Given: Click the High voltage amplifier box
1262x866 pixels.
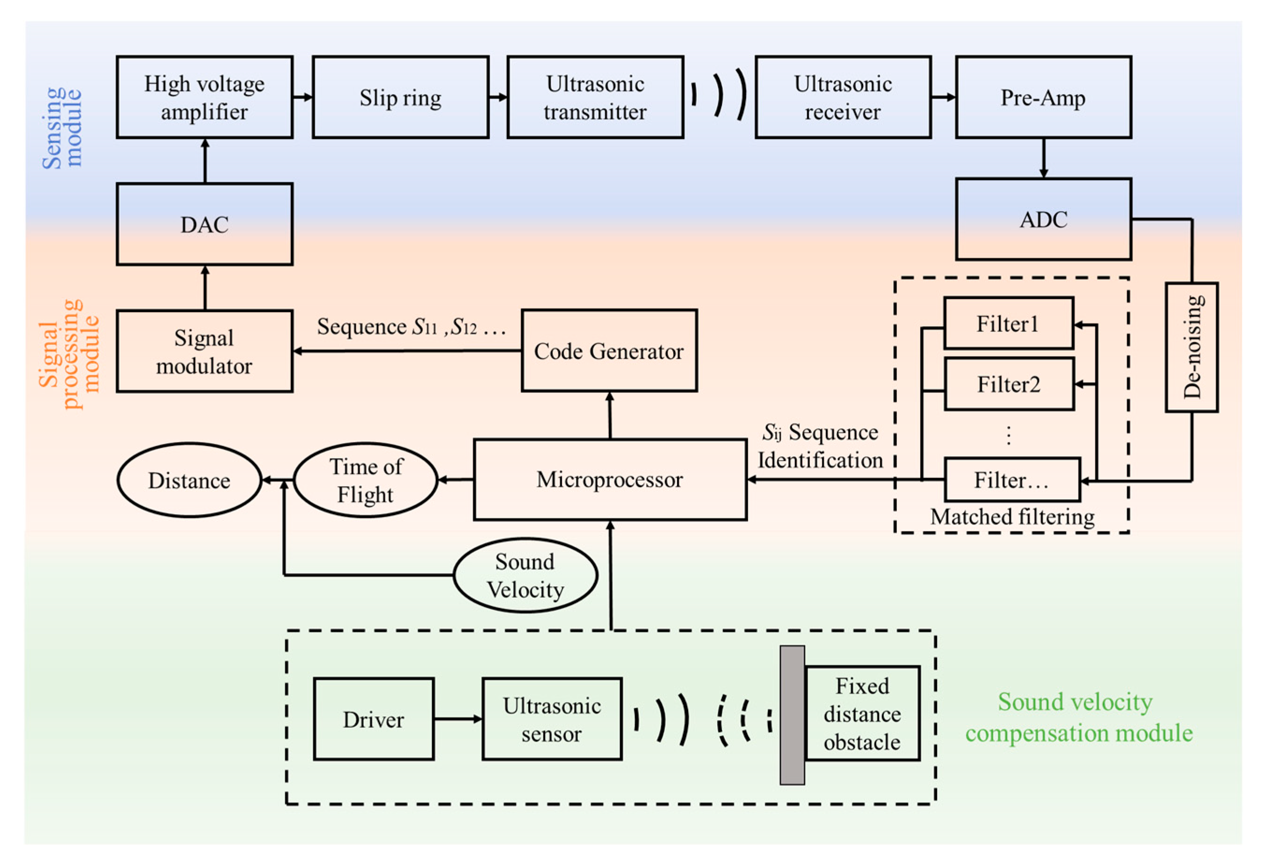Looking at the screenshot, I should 205,97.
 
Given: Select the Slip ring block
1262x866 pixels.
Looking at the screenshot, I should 401,97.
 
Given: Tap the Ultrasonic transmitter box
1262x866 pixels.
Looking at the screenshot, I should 595,97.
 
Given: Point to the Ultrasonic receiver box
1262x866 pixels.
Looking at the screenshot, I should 843,97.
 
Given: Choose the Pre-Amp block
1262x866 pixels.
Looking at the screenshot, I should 1043,97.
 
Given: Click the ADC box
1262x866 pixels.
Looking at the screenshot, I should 1043,219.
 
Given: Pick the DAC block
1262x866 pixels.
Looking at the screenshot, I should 205,225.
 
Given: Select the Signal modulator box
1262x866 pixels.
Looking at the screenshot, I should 205,351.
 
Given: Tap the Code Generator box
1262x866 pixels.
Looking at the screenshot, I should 609,351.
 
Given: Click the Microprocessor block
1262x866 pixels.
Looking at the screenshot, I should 610,480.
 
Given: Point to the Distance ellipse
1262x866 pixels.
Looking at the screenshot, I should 189,480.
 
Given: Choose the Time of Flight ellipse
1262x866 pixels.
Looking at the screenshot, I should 366,480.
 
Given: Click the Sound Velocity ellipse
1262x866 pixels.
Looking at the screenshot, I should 525,575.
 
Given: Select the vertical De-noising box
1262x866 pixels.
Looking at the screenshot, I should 1191,347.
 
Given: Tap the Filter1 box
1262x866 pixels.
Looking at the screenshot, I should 1009,324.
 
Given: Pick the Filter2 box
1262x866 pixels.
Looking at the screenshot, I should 1009,384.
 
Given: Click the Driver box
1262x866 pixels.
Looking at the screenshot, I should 374,719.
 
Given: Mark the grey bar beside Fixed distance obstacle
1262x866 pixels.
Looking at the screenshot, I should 792,715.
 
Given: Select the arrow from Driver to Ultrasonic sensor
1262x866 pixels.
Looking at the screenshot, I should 458,719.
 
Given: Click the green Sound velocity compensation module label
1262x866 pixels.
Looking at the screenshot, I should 1078,717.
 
